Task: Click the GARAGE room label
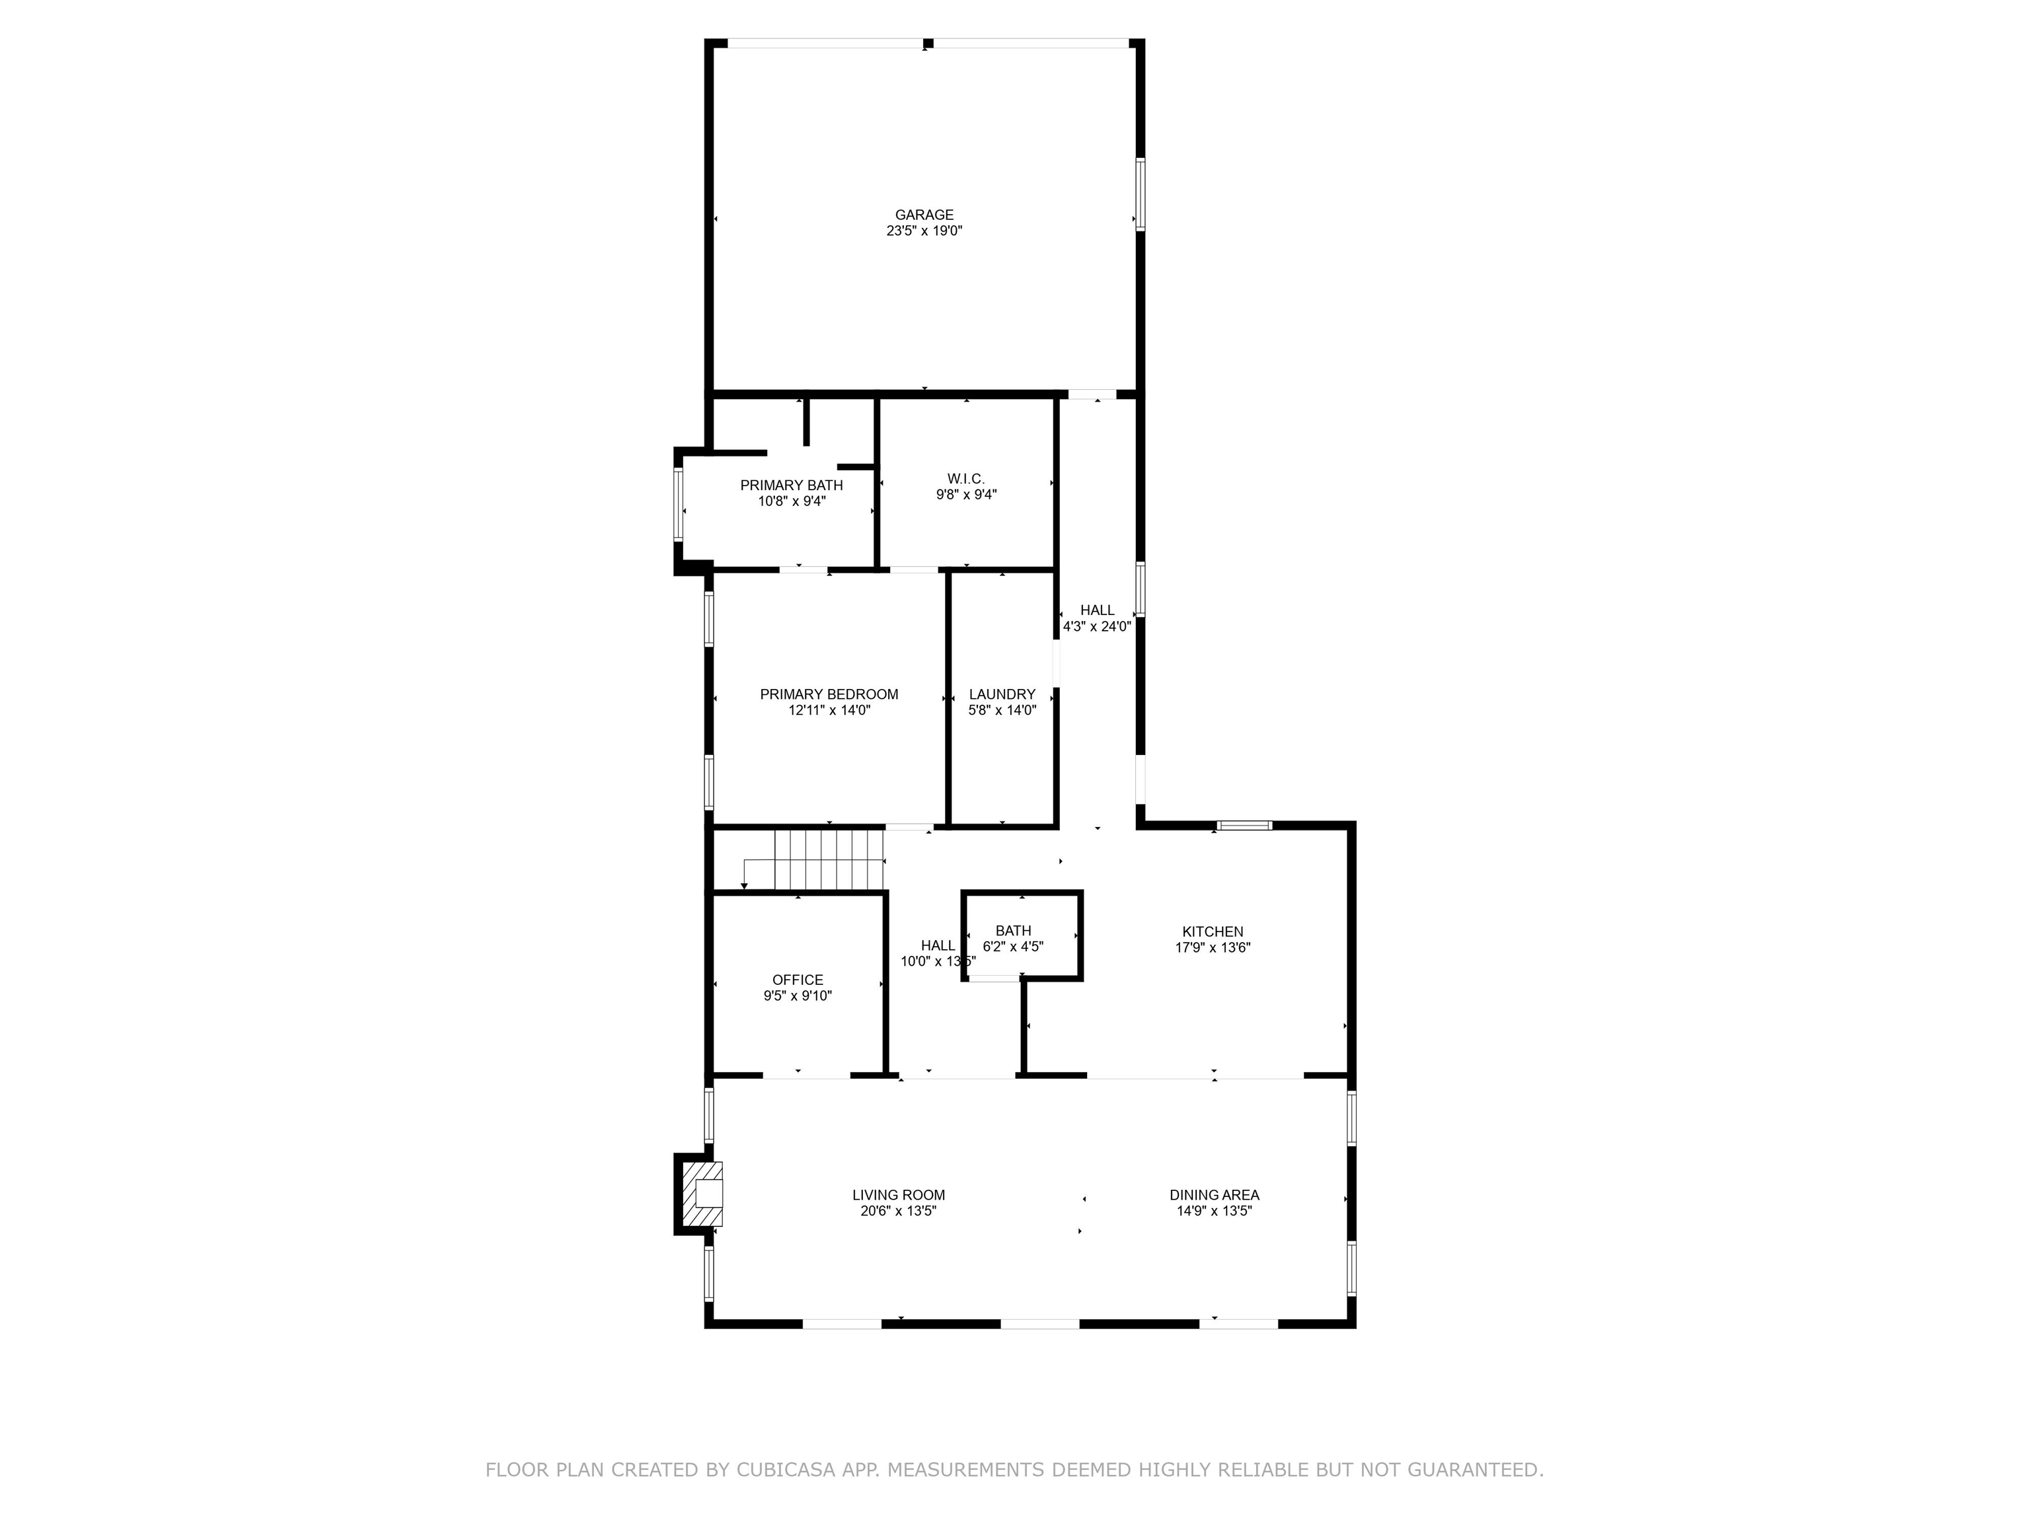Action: [924, 215]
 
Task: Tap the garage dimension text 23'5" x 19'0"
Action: [924, 231]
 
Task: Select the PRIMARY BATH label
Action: [791, 486]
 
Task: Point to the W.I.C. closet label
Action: [965, 479]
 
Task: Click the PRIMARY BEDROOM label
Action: [829, 694]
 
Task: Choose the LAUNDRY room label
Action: [1002, 694]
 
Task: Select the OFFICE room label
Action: [798, 980]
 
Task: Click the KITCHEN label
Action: [1213, 931]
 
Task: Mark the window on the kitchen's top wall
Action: [1244, 826]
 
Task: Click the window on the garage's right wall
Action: [1141, 194]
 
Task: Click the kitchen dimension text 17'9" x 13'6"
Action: [1213, 948]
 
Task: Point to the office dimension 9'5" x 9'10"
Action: [798, 996]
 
